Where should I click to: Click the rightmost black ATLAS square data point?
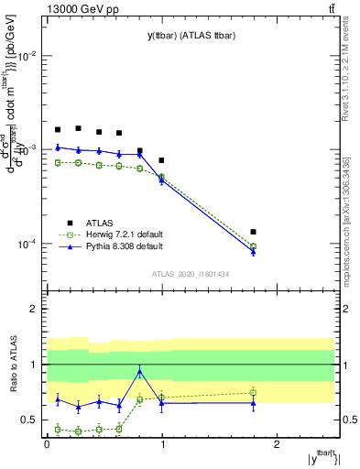(253, 232)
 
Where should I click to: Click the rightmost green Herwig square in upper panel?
(253, 246)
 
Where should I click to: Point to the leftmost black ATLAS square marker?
(58, 130)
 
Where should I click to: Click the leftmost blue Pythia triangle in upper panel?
(58, 147)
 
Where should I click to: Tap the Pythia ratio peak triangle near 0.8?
(139, 371)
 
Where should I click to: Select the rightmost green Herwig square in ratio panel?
(253, 392)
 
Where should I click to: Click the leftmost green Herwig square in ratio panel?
(58, 429)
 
